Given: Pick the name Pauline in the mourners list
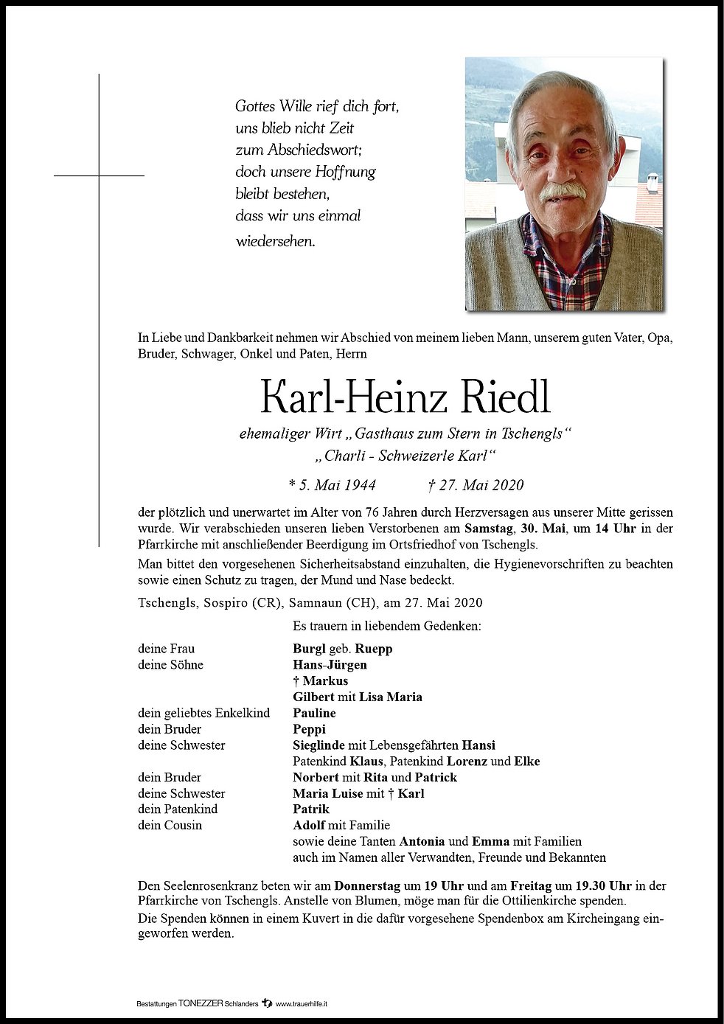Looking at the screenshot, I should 314,713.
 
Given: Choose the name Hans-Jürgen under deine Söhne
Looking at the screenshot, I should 330,665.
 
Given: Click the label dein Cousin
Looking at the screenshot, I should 170,825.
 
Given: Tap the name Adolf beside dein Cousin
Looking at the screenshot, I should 309,825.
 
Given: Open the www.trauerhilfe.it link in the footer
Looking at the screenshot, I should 306,1004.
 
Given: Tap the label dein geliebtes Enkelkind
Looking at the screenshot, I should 203,713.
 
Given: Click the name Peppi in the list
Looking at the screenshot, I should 309,729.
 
